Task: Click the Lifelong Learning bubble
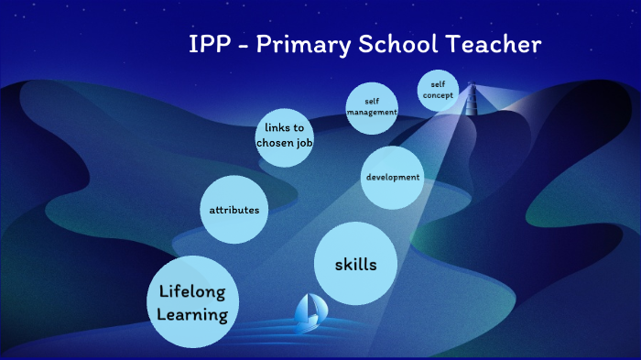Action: point(192,303)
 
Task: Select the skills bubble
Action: point(357,265)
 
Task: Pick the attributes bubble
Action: point(234,210)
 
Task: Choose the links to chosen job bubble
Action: point(285,136)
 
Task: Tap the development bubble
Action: point(393,177)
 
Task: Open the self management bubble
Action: point(372,106)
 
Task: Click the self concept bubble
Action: point(438,90)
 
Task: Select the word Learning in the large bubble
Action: point(192,315)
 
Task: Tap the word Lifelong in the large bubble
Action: point(192,293)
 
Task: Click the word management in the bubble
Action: point(372,112)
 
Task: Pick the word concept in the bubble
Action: point(438,95)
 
